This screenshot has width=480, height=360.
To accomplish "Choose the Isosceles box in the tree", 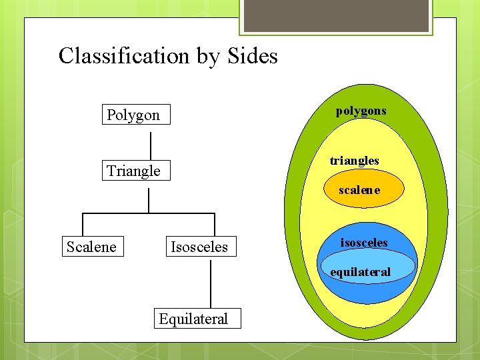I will coord(199,247).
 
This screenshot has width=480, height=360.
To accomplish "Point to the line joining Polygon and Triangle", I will coord(151,146).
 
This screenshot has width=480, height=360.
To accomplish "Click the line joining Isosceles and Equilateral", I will coord(211,284).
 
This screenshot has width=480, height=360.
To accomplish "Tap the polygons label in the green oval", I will coord(361,111).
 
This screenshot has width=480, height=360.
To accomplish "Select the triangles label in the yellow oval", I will coord(355,161).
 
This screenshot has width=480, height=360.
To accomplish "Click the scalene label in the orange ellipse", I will coord(359,190).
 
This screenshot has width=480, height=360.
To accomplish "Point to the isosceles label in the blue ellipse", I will coord(364,243).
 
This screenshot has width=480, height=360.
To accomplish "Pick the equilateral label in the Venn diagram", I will coord(361,272).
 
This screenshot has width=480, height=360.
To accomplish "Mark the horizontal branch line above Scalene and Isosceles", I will coord(148,213).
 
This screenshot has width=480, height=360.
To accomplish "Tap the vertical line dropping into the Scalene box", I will coord(82,225).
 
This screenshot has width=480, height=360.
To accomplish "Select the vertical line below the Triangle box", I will coord(149,200).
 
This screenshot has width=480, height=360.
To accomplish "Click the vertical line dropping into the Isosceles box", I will coord(215,225).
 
